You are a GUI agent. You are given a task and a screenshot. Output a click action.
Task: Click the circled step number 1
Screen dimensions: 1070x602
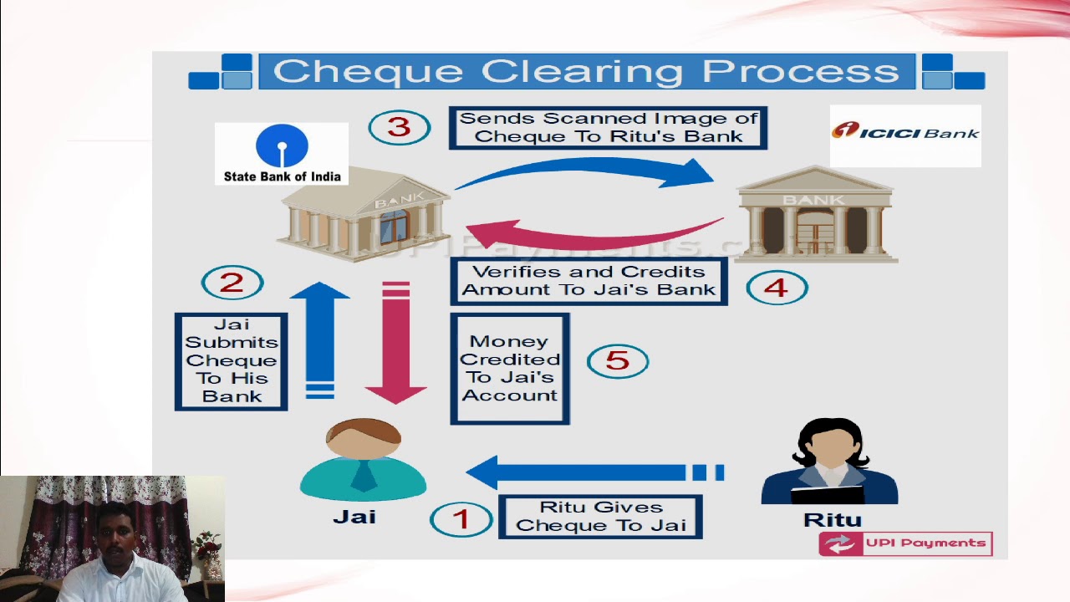click(461, 518)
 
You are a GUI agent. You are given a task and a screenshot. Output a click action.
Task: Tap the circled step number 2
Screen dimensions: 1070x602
click(232, 283)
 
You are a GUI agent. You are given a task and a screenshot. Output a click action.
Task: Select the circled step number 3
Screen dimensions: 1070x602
click(400, 127)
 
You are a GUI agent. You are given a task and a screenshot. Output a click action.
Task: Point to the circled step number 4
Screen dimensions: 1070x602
click(776, 288)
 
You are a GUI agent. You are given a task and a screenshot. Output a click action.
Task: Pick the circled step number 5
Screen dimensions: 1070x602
click(617, 360)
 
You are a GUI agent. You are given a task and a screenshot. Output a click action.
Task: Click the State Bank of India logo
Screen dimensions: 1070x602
click(282, 153)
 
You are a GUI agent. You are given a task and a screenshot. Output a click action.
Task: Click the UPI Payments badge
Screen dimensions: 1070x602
click(905, 543)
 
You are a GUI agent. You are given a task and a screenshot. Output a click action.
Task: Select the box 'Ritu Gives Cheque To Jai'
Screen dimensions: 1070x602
click(600, 517)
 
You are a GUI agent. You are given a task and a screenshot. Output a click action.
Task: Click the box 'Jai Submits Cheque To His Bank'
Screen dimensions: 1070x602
click(232, 361)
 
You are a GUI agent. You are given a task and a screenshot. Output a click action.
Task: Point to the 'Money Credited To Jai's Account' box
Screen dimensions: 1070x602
click(510, 369)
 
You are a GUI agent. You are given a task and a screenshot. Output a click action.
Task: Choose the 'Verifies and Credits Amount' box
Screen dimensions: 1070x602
click(588, 281)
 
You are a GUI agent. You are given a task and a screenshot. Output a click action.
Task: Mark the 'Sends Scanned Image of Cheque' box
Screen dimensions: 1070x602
click(608, 128)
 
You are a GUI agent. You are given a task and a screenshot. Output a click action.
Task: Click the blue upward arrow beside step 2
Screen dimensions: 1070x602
click(320, 339)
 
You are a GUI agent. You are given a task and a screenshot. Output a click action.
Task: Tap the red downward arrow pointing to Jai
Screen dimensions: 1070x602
click(395, 343)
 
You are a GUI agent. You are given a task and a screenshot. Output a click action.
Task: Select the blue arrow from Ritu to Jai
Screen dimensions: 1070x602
click(585, 472)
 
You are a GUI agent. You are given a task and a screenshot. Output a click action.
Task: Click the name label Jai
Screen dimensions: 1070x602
click(354, 517)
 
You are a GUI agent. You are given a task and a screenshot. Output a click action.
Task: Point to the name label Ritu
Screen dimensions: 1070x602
click(832, 520)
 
